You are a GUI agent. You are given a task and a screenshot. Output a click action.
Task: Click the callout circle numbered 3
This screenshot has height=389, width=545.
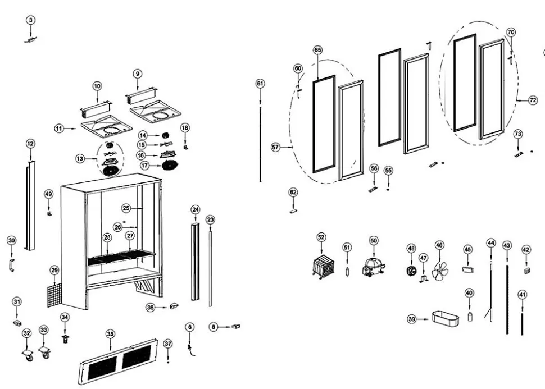pos(31,20)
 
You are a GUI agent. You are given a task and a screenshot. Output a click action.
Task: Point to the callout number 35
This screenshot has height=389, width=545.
pos(110,334)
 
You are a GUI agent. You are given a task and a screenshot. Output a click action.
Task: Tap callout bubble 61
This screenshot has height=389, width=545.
pos(260,84)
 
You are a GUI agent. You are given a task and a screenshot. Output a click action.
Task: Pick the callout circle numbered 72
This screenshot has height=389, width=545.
pos(533,100)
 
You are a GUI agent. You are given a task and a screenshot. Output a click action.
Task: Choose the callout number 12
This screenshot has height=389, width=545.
pos(30,144)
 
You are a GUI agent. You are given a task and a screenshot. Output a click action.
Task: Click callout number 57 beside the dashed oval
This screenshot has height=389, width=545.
pos(275,147)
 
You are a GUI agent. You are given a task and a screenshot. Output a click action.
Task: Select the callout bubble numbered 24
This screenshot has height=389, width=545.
pos(195,210)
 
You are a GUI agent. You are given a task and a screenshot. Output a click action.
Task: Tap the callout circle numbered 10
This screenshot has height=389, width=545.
pos(97,86)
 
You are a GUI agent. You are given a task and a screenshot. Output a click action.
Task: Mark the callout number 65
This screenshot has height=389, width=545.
pos(318,50)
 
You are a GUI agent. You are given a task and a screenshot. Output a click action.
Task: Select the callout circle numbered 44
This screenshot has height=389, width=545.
pos(491,243)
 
